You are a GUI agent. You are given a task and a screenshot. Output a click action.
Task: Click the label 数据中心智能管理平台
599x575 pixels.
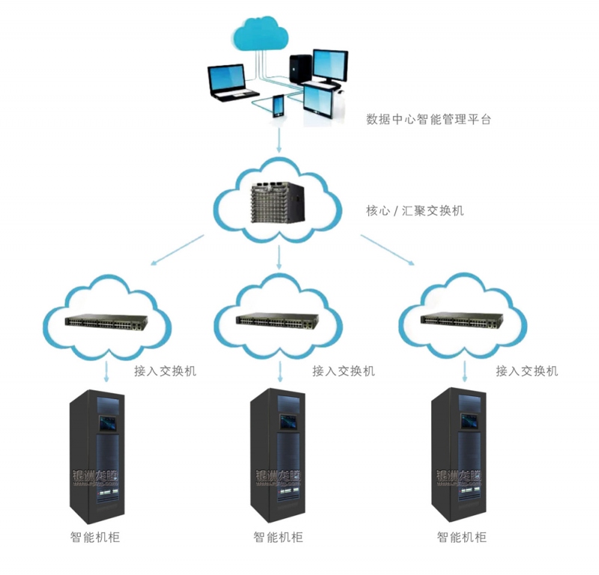pyautogui.click(x=428, y=119)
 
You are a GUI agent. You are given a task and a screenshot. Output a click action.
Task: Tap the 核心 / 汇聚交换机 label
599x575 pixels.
pyautogui.click(x=410, y=211)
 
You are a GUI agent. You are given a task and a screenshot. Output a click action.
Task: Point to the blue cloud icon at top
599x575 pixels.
pyautogui.click(x=261, y=34)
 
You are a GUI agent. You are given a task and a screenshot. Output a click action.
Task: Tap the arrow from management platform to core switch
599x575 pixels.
pyautogui.click(x=279, y=140)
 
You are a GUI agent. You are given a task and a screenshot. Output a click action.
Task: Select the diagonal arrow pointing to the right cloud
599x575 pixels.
pyautogui.click(x=387, y=250)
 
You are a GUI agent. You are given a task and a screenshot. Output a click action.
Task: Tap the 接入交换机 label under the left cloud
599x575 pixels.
pyautogui.click(x=165, y=371)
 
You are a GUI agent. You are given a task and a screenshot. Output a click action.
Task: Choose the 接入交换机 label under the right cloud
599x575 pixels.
pyautogui.click(x=526, y=371)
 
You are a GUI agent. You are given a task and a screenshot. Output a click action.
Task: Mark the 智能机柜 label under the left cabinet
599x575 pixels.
pyautogui.click(x=95, y=537)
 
